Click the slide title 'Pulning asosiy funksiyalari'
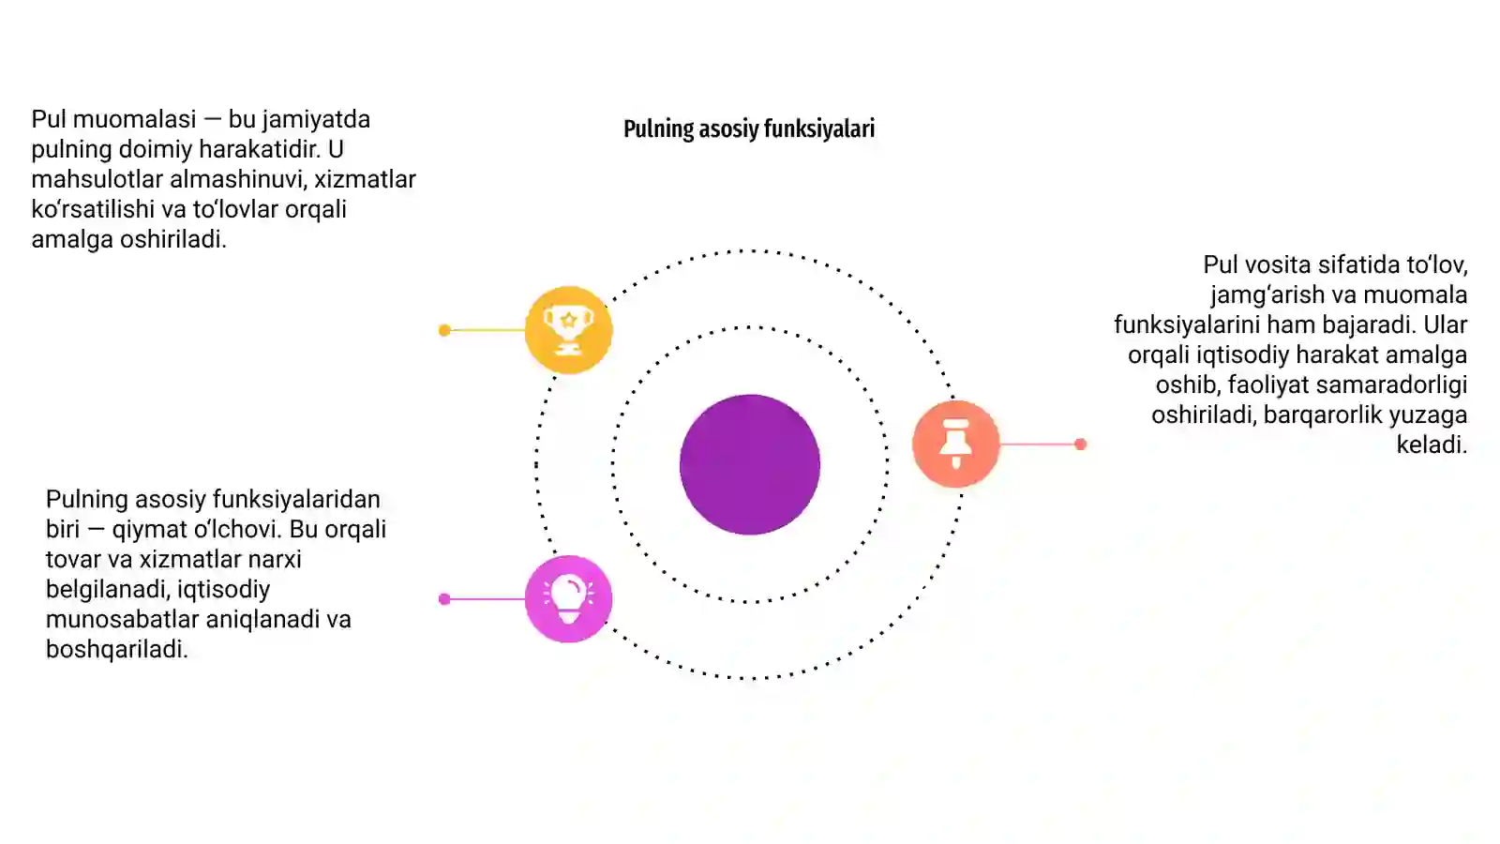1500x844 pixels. [749, 128]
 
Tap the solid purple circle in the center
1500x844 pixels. [750, 464]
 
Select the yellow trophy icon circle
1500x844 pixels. [568, 329]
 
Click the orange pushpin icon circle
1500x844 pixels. [955, 444]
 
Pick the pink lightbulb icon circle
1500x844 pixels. [568, 599]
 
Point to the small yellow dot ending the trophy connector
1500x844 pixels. [444, 330]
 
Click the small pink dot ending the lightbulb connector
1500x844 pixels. [444, 599]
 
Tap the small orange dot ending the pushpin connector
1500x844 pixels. [1080, 445]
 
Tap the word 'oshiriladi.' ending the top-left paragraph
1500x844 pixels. [172, 239]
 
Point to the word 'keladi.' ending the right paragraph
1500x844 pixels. [1432, 445]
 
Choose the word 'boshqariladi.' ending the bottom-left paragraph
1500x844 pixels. [116, 650]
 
